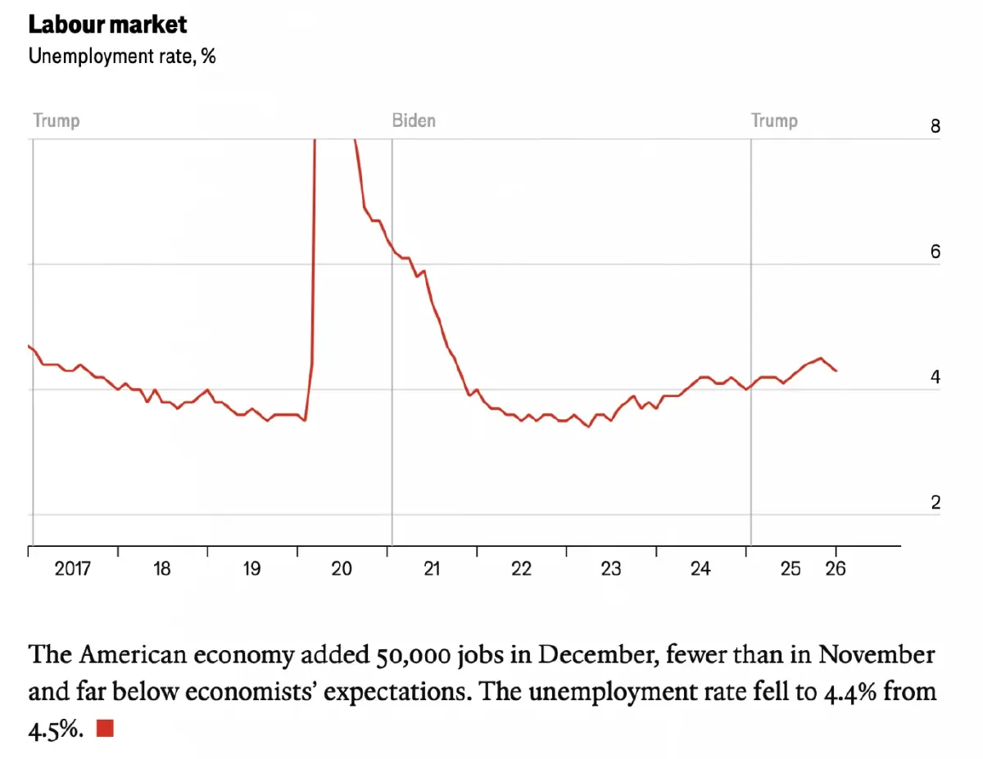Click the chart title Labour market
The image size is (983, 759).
[107, 25]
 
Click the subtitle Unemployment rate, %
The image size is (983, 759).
[122, 56]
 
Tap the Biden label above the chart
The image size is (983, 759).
[414, 121]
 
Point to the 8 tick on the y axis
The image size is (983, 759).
[935, 127]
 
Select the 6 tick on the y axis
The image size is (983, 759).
[935, 252]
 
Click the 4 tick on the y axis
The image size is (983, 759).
[935, 377]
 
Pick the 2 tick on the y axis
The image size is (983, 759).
[935, 503]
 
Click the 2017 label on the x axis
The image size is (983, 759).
[73, 568]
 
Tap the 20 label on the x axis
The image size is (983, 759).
[342, 568]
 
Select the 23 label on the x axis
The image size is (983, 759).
[611, 568]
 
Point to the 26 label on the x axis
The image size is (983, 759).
[836, 568]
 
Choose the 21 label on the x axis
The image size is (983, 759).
[432, 568]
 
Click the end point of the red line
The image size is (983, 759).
[836, 371]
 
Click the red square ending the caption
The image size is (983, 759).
[105, 727]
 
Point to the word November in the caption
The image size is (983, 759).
[877, 656]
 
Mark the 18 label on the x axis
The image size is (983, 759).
[162, 568]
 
